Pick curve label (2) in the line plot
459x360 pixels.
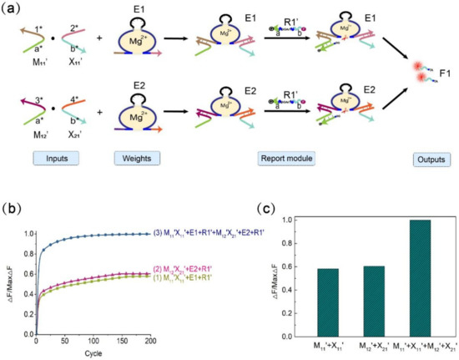(204, 268)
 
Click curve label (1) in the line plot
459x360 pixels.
(204, 277)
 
